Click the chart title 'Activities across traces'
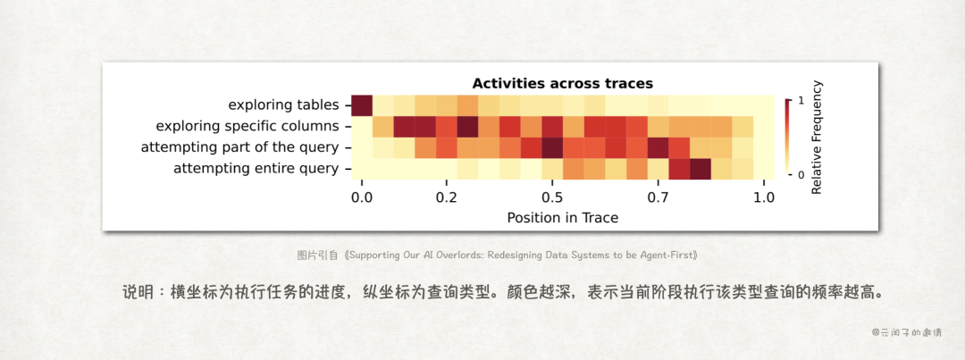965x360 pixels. click(562, 83)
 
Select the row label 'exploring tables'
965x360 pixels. click(282, 105)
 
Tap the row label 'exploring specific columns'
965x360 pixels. click(247, 126)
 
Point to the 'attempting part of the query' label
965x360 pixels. click(239, 147)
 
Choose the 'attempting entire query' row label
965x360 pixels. click(256, 168)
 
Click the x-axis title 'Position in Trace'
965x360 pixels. click(562, 217)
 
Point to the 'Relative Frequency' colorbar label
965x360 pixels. click(817, 138)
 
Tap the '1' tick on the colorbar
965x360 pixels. click(801, 101)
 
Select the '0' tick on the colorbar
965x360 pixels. click(801, 174)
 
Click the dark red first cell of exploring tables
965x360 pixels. click(362, 105)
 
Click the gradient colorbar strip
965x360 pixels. click(786, 138)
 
